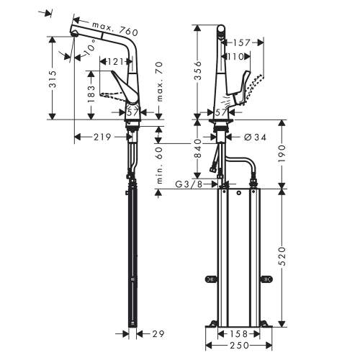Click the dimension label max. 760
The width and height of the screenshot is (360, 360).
coord(115,28)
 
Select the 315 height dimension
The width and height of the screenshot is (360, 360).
coord(53,79)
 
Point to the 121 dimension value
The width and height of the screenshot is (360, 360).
coord(115,62)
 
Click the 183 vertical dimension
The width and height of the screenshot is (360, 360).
coord(91,94)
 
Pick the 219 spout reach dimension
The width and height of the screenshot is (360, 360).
coord(102,137)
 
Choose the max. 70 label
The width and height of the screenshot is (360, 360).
coord(160,81)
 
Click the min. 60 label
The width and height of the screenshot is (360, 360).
coord(160,166)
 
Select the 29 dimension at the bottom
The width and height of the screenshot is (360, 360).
coord(158,334)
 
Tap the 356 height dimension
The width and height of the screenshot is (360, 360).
coord(198,71)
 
